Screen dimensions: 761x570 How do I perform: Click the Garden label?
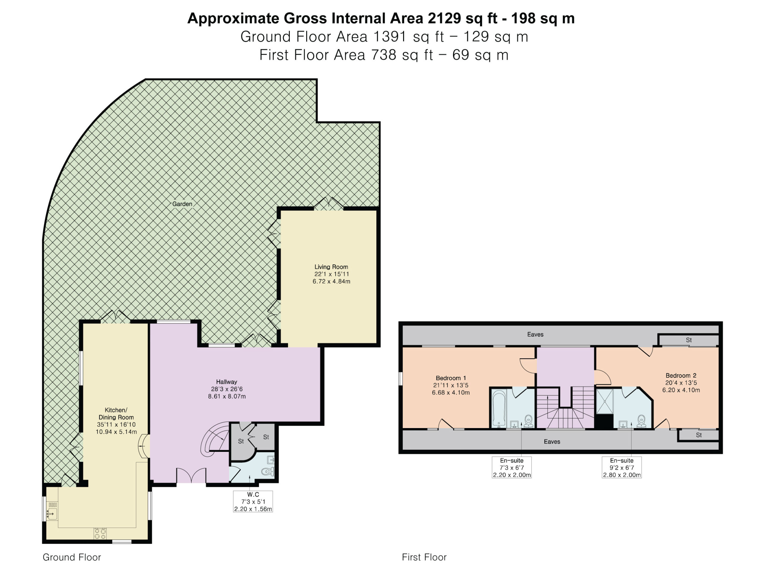182,204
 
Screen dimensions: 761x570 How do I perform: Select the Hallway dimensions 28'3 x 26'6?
227,389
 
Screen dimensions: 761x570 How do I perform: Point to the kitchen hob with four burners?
100,533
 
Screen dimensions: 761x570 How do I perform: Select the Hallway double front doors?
191,476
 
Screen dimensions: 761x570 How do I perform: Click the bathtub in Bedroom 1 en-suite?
499,408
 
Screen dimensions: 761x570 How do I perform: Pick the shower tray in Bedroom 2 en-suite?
604,401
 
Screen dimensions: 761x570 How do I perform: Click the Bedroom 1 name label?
451,378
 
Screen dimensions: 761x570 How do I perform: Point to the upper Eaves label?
535,334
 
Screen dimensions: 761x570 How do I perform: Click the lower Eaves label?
552,441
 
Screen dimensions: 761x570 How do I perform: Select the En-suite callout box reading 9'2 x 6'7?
622,467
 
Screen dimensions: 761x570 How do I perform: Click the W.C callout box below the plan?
253,501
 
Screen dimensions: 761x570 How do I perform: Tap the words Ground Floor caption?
72,557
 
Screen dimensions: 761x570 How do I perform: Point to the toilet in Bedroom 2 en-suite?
641,421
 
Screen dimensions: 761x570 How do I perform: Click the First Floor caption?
424,557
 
